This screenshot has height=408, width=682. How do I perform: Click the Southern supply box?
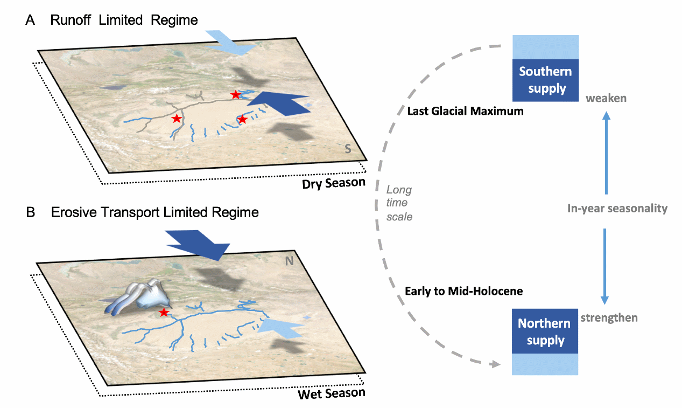[x=545, y=80]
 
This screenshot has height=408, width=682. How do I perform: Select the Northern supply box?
[x=544, y=332]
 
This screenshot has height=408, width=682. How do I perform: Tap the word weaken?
[x=606, y=98]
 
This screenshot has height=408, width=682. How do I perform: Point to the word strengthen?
[x=609, y=317]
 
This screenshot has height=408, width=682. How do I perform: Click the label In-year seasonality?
[x=617, y=208]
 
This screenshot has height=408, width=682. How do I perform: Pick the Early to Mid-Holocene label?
[x=463, y=291]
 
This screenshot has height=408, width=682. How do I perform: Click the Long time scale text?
[x=399, y=203]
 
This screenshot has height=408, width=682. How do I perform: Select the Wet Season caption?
[x=332, y=393]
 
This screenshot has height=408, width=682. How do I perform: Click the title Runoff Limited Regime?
[x=124, y=20]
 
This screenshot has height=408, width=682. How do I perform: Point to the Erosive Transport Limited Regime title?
[x=155, y=212]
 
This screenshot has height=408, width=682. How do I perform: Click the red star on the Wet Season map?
[x=164, y=313]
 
